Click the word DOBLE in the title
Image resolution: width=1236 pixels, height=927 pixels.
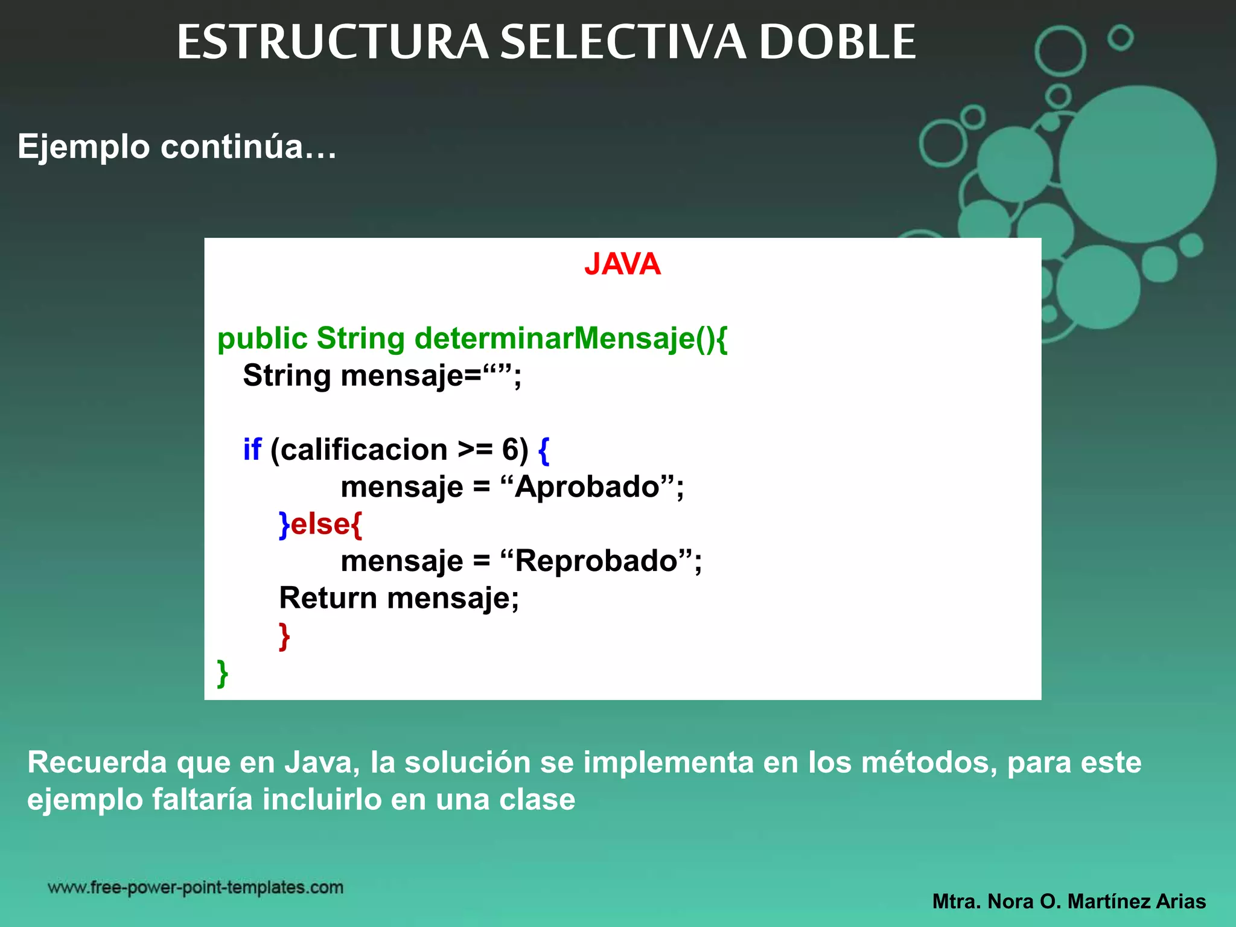pos(837,42)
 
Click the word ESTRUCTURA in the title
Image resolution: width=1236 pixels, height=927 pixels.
pos(332,42)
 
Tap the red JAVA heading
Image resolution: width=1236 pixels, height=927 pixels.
pos(622,264)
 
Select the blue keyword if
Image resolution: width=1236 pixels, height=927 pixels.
pos(252,450)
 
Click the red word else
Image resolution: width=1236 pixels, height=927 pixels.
pos(320,524)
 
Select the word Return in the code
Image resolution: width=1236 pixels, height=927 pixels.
pos(328,598)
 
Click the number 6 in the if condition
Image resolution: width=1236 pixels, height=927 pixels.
pos(510,450)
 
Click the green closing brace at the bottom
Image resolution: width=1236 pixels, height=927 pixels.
pos(222,673)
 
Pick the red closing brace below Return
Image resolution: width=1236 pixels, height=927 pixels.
pos(284,636)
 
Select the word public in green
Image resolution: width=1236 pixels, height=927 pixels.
pos(263,339)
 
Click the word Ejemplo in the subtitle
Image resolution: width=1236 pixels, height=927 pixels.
pos(83,147)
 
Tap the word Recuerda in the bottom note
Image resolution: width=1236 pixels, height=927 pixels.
pos(97,762)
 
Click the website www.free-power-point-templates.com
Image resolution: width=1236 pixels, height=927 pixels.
pos(196,888)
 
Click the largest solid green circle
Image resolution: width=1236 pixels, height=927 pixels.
pos(1137,164)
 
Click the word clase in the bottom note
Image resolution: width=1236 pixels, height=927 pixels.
pos(537,800)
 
